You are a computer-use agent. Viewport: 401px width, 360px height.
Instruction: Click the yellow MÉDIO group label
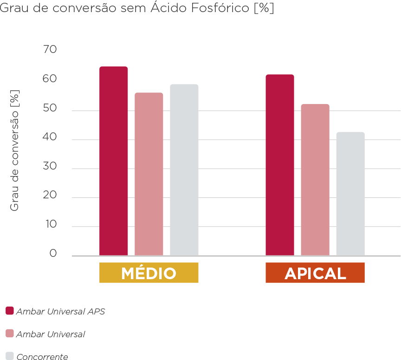(149, 273)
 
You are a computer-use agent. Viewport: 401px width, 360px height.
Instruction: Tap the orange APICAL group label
(315, 273)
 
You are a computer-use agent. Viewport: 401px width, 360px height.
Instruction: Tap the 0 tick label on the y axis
(53, 253)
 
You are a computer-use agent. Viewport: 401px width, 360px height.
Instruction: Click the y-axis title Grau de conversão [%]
(15, 150)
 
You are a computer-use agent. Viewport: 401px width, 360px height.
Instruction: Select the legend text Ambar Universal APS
(60, 311)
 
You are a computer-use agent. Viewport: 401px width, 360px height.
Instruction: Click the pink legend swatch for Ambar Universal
(9, 334)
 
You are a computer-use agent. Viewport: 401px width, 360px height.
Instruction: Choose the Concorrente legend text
(42, 356)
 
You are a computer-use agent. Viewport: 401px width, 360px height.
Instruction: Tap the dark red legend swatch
(9, 311)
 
